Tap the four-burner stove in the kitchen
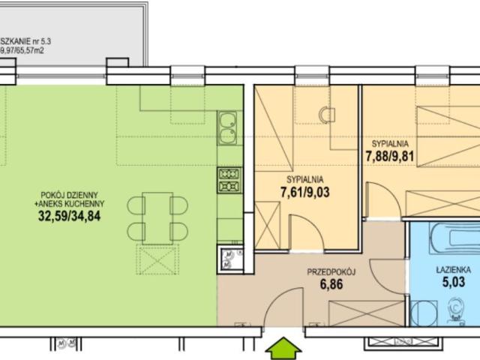(x=229, y=179)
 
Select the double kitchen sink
(x=228, y=127)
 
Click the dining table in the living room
(x=157, y=217)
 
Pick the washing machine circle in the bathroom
(x=425, y=309)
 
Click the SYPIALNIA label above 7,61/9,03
(x=304, y=179)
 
